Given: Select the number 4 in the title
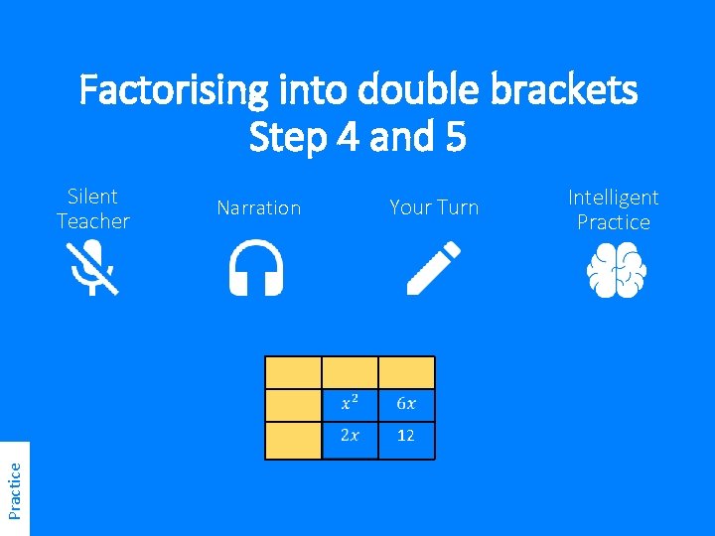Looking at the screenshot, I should (x=347, y=137).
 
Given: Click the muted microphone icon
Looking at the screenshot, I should (x=92, y=269).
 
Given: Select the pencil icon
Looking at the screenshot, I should (x=434, y=268).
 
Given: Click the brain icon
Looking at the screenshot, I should (x=613, y=270).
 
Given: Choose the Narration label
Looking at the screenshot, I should (x=258, y=207).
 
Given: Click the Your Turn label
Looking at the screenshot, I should (x=434, y=207).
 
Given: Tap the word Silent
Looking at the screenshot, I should (x=92, y=197).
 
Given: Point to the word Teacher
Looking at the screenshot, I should (x=92, y=221).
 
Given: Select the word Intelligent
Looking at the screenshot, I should (x=613, y=198).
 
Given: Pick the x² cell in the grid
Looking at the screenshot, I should (x=351, y=403).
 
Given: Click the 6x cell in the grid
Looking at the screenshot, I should (x=406, y=403).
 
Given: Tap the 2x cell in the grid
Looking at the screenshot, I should (x=351, y=436).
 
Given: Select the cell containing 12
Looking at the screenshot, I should (x=406, y=436).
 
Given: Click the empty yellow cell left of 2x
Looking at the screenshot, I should (x=293, y=439).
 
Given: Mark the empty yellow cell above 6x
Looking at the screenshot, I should (x=406, y=372).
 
